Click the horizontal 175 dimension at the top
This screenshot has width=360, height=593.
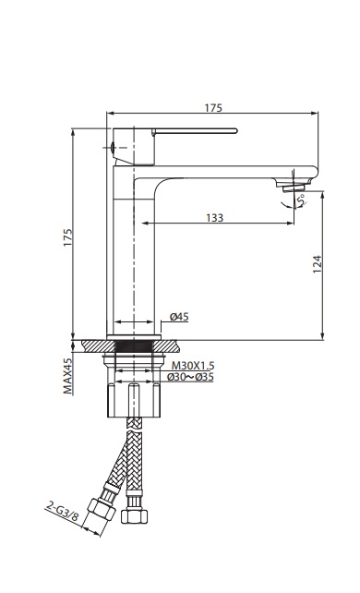pos(213,108)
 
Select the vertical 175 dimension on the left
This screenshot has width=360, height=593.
pos(66,237)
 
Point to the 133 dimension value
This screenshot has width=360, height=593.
pos(213,218)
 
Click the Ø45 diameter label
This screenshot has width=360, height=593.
pos(179,318)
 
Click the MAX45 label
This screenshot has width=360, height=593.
pos(67,376)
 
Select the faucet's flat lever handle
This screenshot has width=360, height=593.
pos(190,132)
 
